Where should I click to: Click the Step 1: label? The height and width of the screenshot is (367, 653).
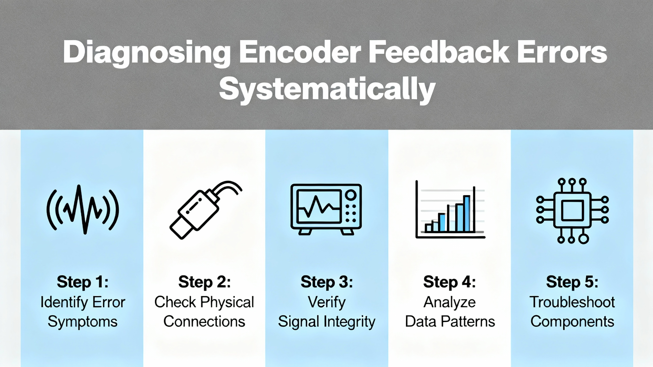[82, 282]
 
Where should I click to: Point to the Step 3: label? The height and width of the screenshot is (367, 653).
[327, 282]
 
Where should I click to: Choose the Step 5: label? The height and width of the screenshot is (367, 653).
[572, 282]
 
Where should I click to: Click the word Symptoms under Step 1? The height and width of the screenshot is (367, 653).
[82, 322]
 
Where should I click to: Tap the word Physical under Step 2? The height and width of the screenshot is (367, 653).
[227, 302]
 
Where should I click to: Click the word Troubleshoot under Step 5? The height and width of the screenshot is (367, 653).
[572, 302]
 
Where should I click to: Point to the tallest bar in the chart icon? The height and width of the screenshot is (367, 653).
[467, 214]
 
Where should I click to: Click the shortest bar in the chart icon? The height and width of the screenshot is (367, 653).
[428, 228]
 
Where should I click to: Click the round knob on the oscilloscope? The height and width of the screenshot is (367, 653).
[351, 195]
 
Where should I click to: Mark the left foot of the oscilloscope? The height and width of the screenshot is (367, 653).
[305, 232]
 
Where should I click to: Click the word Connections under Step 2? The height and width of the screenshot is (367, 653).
[204, 322]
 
